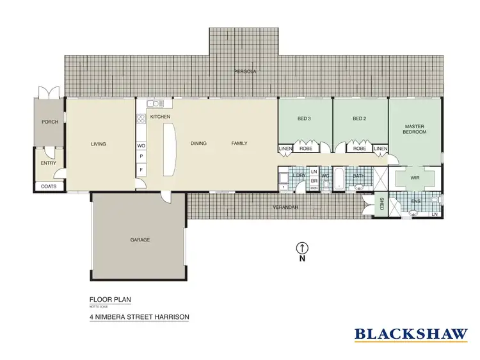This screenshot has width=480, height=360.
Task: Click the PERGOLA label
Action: pos(245,72)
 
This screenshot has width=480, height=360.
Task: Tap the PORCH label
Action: pos(49,122)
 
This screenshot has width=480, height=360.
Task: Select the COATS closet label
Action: pos(49,186)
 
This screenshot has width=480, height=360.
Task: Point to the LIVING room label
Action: pos(98,143)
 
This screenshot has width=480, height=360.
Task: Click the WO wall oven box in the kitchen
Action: pos(141,145)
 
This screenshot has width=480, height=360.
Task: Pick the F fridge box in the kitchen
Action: pos(141,170)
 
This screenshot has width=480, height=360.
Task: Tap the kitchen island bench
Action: pos(170,149)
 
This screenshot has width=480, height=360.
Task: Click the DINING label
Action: pos(198,143)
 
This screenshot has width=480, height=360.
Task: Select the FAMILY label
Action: pos(239,143)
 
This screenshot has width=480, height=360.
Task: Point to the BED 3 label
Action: pos(304,119)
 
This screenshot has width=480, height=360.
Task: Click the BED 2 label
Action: pos(359,119)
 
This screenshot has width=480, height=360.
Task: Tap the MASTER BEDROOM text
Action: pos(414,129)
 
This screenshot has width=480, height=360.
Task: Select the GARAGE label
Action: pos(140,240)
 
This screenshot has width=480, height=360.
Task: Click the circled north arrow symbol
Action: pos(301,247)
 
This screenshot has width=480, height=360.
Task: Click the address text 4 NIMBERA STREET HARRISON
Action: pos(139,316)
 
